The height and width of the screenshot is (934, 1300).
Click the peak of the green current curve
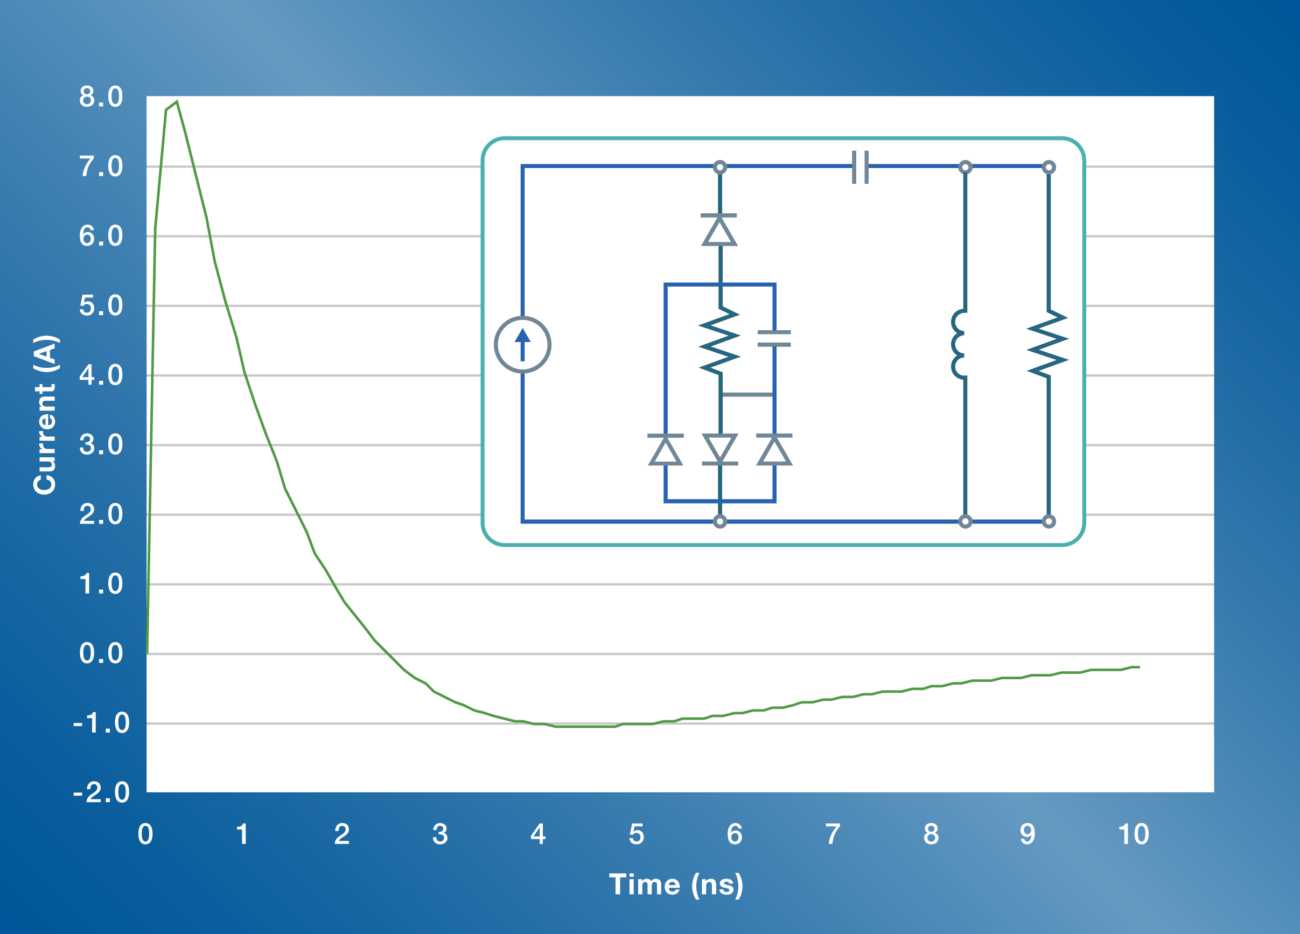177,102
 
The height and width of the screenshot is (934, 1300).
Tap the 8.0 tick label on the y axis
101,97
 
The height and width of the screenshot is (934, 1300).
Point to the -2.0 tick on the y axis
101,792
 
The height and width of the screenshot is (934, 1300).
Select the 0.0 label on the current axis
101,653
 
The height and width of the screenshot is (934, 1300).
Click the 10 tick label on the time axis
1133,834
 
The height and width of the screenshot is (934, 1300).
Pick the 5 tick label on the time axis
636,834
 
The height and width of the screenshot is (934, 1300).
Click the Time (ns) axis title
676,884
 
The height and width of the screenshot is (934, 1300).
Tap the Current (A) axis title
45,415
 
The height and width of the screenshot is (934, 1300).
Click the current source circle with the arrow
522,345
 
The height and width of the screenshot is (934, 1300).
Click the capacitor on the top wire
861,168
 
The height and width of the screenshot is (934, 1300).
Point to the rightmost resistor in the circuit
1048,344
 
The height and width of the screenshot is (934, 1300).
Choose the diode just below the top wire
719,230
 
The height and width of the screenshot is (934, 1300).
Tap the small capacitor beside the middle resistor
774,338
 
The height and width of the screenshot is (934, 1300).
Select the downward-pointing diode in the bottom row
720,449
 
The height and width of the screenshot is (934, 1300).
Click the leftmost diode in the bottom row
666,450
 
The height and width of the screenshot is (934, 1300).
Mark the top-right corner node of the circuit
1049,168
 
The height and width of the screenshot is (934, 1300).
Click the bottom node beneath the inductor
965,521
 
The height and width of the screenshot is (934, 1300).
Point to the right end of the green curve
1139,667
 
